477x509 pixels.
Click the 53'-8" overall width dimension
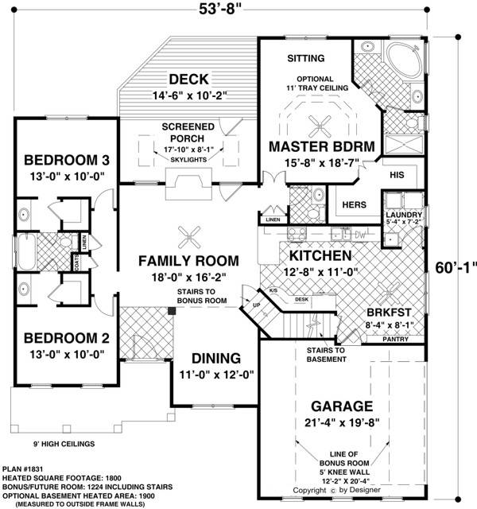[x=221, y=9]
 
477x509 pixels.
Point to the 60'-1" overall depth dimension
[x=456, y=268]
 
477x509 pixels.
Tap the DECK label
[x=188, y=80]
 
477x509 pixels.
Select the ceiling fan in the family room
[x=189, y=237]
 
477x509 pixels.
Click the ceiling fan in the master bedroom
[x=320, y=126]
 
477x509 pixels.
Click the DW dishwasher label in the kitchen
[x=360, y=235]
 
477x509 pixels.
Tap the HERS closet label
[x=354, y=205]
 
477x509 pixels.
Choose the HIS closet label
[x=397, y=175]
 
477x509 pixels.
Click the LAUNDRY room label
[x=404, y=215]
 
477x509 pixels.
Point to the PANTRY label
[x=396, y=340]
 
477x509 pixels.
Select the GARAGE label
[x=342, y=406]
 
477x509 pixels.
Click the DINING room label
[x=216, y=359]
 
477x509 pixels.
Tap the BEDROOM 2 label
[x=67, y=338]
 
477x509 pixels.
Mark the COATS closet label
[x=76, y=262]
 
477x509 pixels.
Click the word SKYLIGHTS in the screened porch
[x=188, y=160]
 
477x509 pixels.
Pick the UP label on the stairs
[x=256, y=305]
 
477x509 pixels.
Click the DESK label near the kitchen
[x=302, y=299]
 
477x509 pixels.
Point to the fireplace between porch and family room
[x=188, y=184]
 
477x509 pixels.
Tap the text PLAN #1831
[x=23, y=469]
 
